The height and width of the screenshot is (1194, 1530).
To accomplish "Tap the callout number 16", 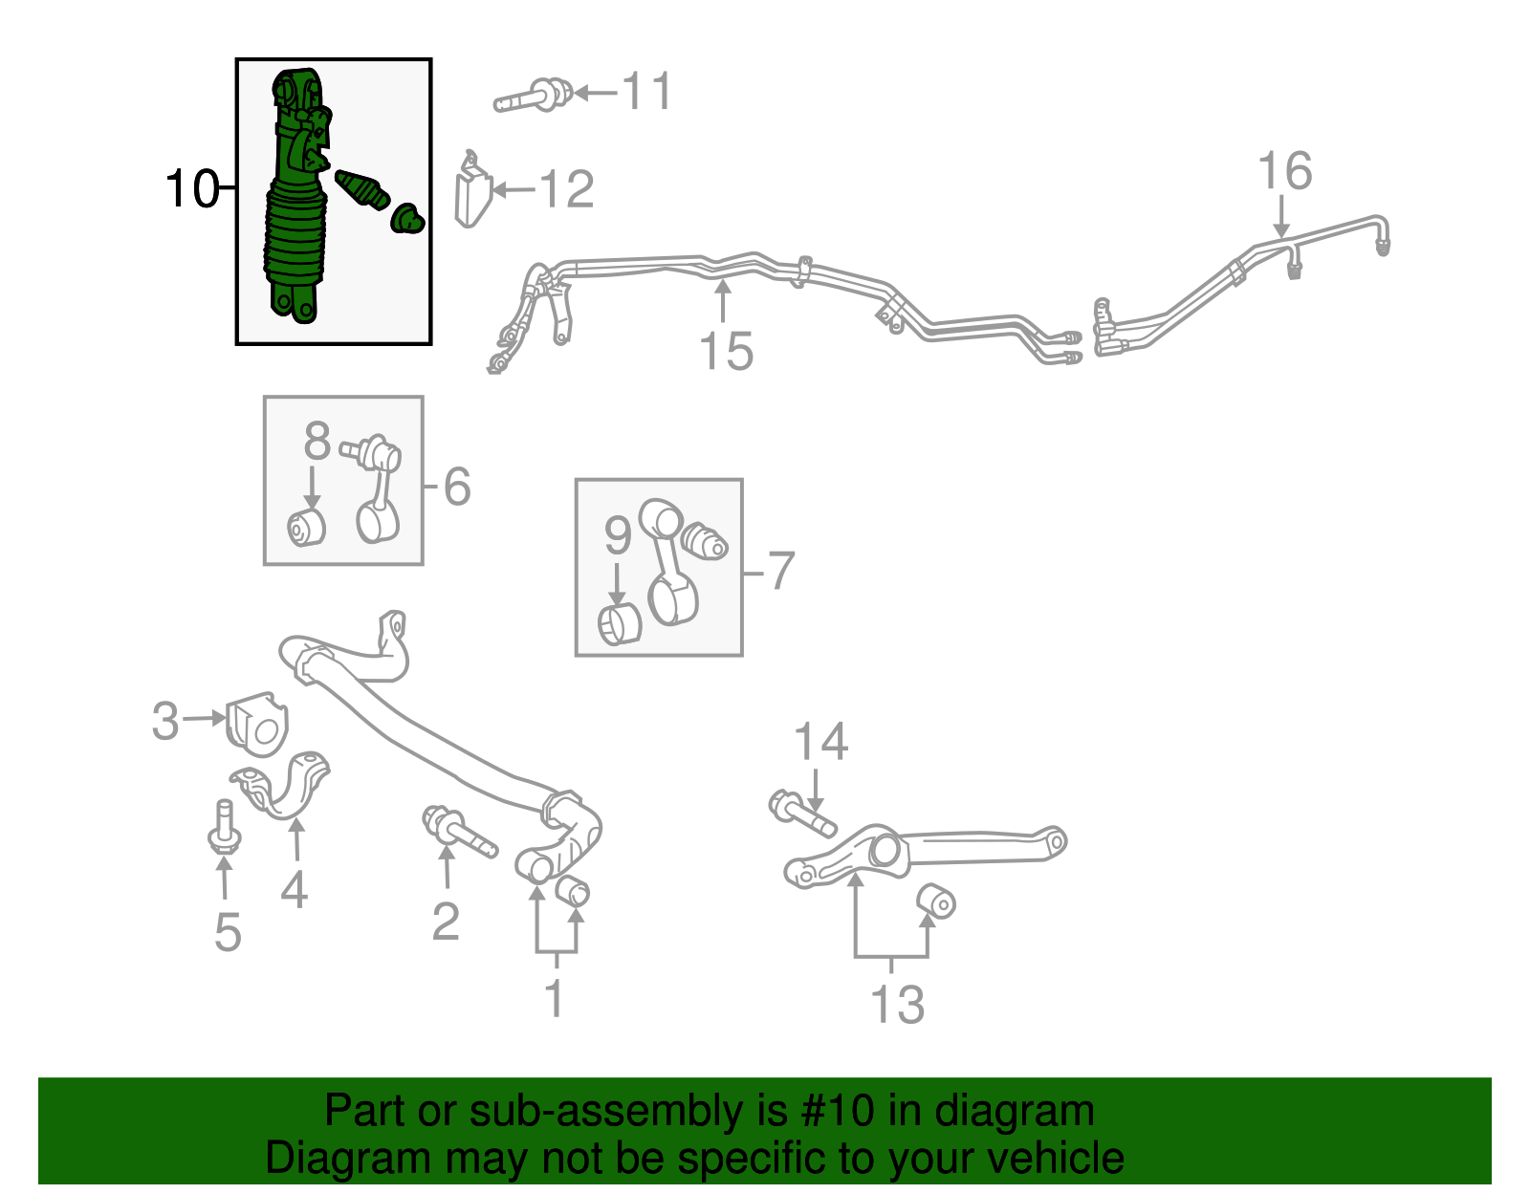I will (1284, 172).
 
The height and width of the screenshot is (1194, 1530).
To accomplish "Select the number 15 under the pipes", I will (726, 351).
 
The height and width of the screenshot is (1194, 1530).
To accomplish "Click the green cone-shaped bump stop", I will (362, 189).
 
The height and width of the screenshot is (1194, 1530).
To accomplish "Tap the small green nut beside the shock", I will (406, 219).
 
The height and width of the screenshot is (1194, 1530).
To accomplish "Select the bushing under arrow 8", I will (307, 528).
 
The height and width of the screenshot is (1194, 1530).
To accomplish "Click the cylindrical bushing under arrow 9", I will (620, 624).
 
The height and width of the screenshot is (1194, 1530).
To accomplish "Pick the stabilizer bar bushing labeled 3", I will (257, 724).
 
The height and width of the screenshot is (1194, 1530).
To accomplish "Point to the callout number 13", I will (897, 1005).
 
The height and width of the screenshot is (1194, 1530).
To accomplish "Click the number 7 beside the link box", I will (781, 571).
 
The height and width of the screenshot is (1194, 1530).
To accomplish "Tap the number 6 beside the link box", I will (457, 487).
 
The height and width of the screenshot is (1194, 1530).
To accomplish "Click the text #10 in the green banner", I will (831, 1112).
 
